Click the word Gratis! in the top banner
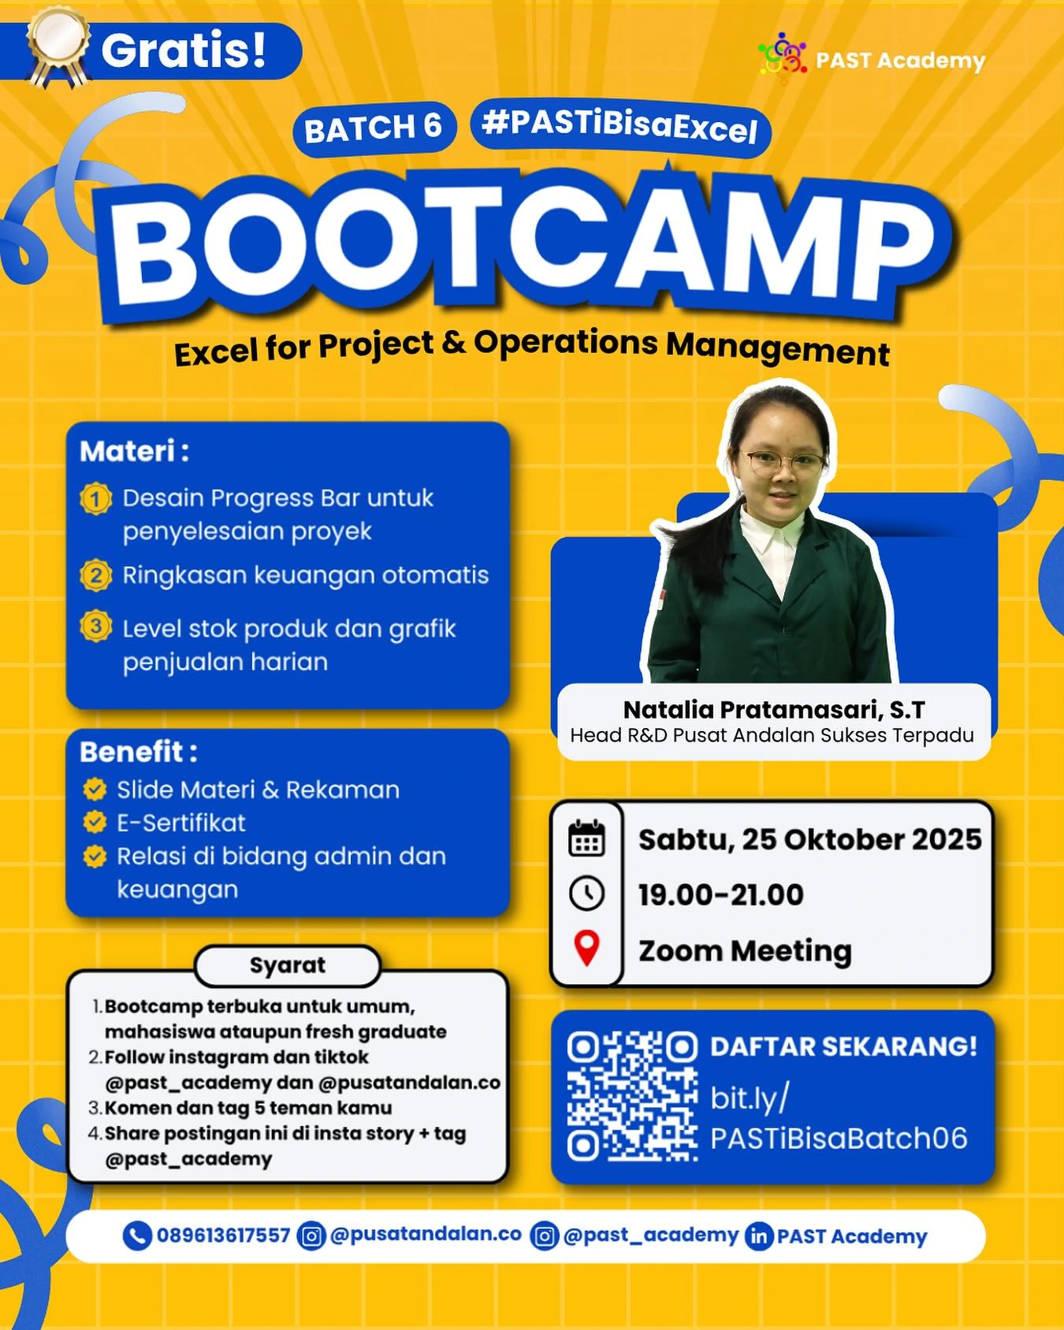pyautogui.click(x=184, y=50)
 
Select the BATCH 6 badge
pyautogui.click(x=374, y=128)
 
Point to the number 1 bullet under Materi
pyautogui.click(x=95, y=499)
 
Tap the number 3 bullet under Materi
pyautogui.click(x=95, y=626)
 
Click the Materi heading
pyautogui.click(x=134, y=451)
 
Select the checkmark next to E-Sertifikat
pyautogui.click(x=95, y=823)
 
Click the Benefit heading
pyautogui.click(x=139, y=752)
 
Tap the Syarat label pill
pyautogui.click(x=288, y=965)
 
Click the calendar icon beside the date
pyautogui.click(x=586, y=838)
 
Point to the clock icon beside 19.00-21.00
pyautogui.click(x=586, y=893)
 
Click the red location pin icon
pyautogui.click(x=586, y=948)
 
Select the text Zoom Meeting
pyautogui.click(x=745, y=951)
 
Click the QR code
pyautogui.click(x=632, y=1096)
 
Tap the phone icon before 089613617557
pyautogui.click(x=137, y=1235)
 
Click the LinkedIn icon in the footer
pyautogui.click(x=758, y=1235)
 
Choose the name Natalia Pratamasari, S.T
pyautogui.click(x=773, y=710)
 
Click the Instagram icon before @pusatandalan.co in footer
pyautogui.click(x=311, y=1235)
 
